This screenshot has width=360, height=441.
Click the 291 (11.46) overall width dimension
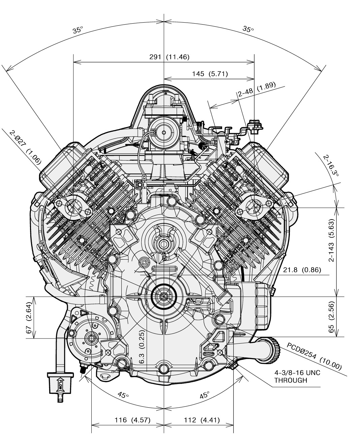(x=169, y=57)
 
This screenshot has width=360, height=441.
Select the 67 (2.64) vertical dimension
(x=29, y=317)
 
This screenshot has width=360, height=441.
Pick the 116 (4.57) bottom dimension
(x=127, y=420)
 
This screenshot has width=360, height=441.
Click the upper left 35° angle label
(x=78, y=30)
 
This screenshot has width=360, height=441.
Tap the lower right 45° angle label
(x=204, y=395)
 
